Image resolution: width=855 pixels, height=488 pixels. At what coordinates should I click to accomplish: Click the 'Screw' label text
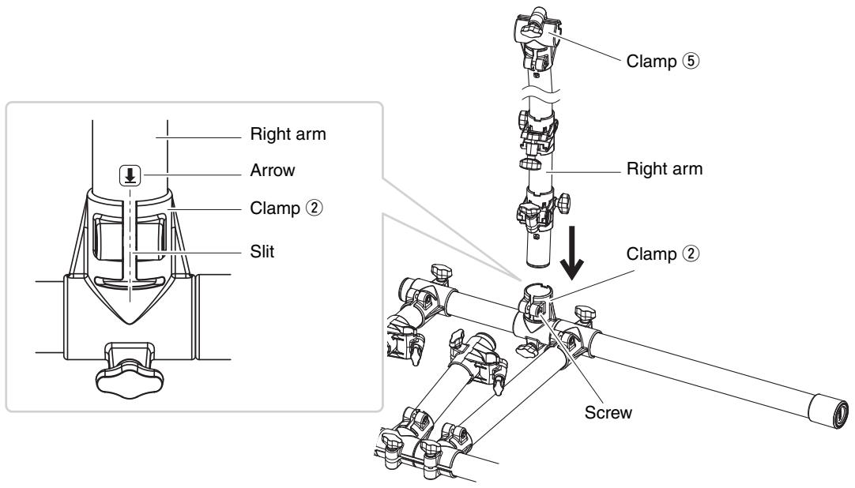click(608, 412)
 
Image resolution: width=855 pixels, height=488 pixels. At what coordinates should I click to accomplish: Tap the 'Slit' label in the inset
click(262, 252)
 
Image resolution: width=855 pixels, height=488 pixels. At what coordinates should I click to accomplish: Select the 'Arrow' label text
click(273, 171)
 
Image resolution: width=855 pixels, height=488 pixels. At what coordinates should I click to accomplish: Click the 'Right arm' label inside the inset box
click(288, 134)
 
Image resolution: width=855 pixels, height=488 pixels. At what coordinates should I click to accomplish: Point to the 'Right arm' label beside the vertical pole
click(664, 169)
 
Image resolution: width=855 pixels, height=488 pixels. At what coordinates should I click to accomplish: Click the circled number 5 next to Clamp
click(691, 61)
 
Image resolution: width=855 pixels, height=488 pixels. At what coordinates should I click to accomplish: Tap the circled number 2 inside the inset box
click(314, 208)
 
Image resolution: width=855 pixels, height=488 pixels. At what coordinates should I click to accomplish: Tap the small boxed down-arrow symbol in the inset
click(130, 175)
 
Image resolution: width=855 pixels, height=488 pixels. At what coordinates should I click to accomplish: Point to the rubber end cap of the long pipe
click(828, 411)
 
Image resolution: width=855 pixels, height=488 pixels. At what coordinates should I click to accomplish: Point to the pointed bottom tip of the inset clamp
click(130, 322)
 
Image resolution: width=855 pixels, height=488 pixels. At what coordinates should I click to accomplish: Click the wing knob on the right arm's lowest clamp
click(564, 203)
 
